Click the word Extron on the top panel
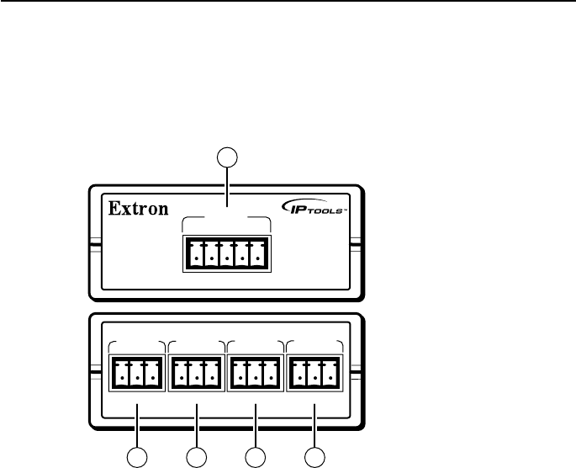[x=140, y=208]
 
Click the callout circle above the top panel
[x=228, y=156]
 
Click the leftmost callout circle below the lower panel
[x=136, y=458]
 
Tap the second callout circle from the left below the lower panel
[x=195, y=458]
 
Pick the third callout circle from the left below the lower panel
[x=255, y=458]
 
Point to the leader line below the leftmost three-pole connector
[x=136, y=425]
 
